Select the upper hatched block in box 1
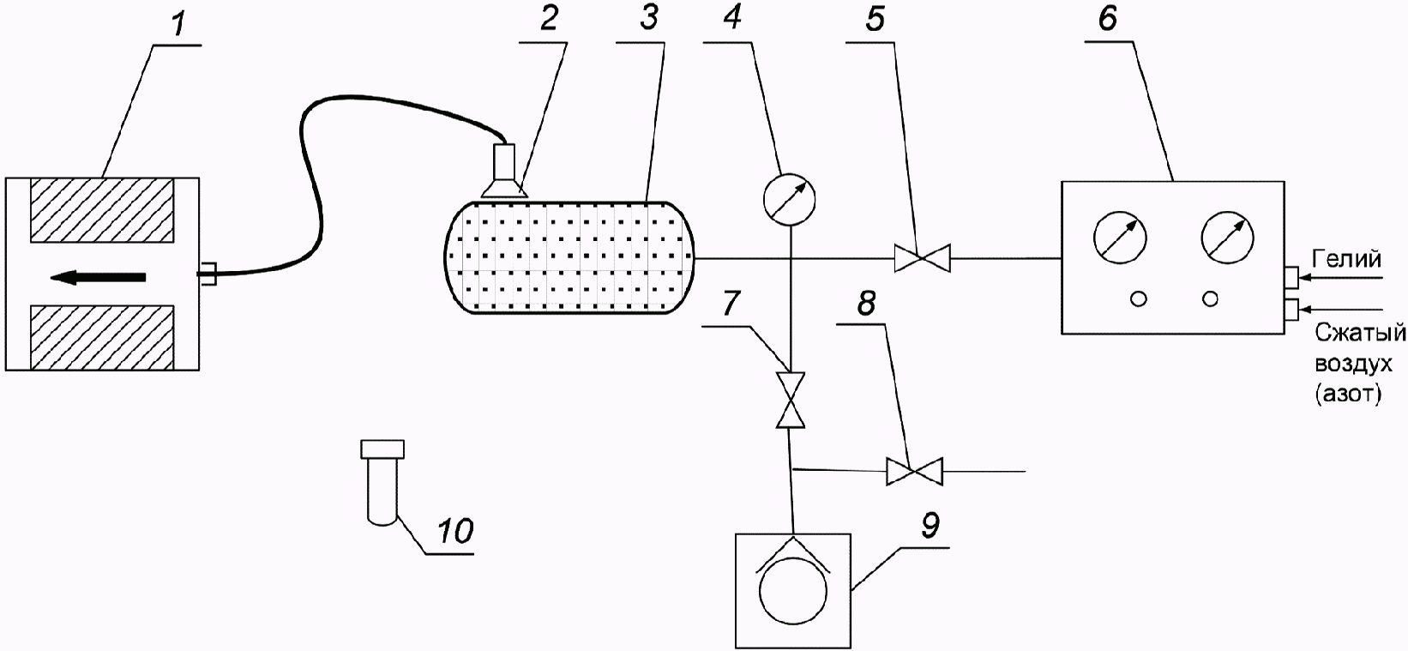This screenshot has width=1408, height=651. (102, 209)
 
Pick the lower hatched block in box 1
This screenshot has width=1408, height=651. (102, 338)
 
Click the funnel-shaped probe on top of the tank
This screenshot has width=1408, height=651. (503, 172)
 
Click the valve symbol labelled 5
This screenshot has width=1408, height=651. (923, 257)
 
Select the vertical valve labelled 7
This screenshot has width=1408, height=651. (790, 400)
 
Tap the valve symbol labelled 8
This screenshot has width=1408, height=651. (914, 472)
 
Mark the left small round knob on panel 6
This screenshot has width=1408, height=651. (1138, 298)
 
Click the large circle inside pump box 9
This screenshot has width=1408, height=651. (794, 593)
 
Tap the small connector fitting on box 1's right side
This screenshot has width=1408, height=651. (208, 274)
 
